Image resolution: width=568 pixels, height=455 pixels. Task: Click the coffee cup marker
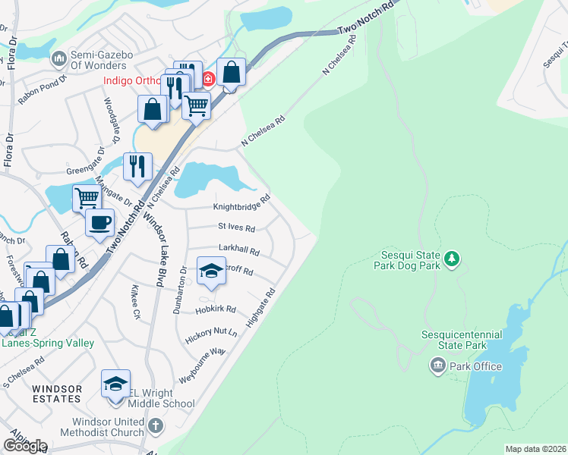[99, 223]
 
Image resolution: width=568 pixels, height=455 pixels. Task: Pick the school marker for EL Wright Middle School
[115, 384]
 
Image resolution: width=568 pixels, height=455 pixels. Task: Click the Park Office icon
[438, 367]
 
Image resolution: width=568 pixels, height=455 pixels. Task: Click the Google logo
[25, 446]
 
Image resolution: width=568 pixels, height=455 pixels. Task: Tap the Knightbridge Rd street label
[241, 205]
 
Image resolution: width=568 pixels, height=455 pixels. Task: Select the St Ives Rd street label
[237, 227]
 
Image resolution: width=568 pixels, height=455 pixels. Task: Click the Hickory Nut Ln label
[212, 333]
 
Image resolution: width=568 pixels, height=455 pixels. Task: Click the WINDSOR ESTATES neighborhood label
[57, 394]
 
